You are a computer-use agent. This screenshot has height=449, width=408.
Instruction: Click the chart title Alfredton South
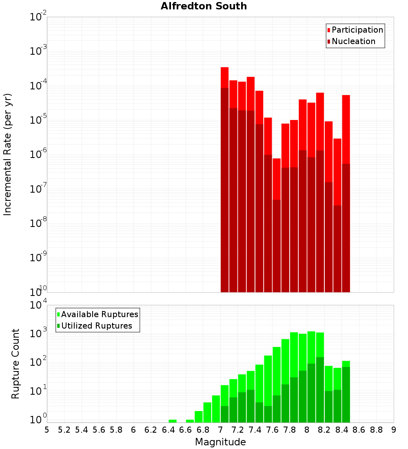pos(204,6)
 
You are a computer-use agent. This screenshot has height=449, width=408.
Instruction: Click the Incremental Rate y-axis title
pos(8,154)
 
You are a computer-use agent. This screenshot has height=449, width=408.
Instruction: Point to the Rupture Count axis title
pos(16,364)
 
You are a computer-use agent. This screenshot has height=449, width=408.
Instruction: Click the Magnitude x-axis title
pos(220,442)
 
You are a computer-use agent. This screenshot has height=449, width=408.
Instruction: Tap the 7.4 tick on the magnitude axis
pos(255,429)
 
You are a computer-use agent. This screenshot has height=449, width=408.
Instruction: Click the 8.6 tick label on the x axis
pos(359,429)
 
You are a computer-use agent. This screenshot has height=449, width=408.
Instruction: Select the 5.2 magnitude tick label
pos(64,429)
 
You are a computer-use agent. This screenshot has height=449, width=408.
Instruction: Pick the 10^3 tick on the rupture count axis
pos(39,333)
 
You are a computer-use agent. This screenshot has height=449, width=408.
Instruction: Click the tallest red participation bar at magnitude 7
pos(224,78)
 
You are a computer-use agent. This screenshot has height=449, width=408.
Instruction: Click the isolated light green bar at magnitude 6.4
pos(173,421)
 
